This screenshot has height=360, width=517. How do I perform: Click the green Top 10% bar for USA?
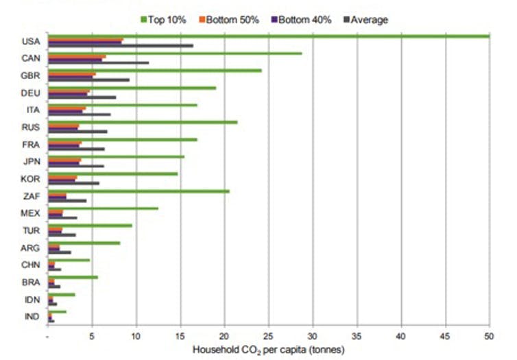[267, 36]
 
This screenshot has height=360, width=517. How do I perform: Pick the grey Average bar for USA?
[120, 45]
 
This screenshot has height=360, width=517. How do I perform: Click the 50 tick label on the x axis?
[489, 337]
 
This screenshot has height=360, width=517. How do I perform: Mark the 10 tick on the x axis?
[136, 337]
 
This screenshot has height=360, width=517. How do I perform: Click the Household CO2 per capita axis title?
[267, 350]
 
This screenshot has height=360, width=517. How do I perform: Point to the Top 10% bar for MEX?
[103, 208]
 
